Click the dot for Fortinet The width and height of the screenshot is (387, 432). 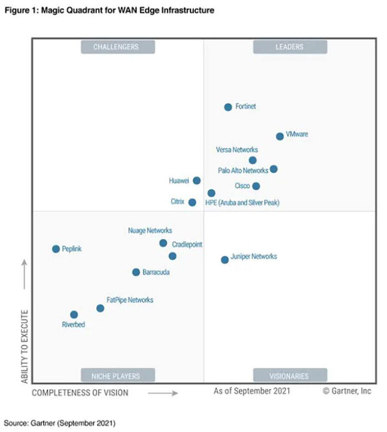coord(228,107)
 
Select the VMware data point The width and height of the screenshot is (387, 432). coord(280,136)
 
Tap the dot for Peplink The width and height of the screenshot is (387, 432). coord(56,249)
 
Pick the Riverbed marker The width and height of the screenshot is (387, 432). coord(74,314)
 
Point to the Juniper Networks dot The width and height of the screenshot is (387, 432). coord(224,259)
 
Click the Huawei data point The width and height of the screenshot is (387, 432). coord(196,180)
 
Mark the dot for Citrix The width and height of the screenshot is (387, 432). coord(192,202)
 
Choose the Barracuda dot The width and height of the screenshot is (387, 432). coord(136,272)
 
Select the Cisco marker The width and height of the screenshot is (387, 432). coord(256,186)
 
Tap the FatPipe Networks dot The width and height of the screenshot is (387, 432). coord(100,308)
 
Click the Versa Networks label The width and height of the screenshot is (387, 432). coord(237,150)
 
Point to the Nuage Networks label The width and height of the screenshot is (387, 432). coord(150,231)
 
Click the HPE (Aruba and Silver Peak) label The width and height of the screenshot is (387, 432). coord(242,203)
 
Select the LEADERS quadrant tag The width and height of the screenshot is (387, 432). coord(290,47)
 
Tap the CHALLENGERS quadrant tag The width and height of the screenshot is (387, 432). coord(116,47)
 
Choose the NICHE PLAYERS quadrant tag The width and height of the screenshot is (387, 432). coord(116,376)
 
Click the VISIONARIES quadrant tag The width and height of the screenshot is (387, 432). coord(290,376)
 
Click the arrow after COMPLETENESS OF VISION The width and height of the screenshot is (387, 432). coord(163,393)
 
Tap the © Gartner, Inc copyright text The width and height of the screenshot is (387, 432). coord(347,392)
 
